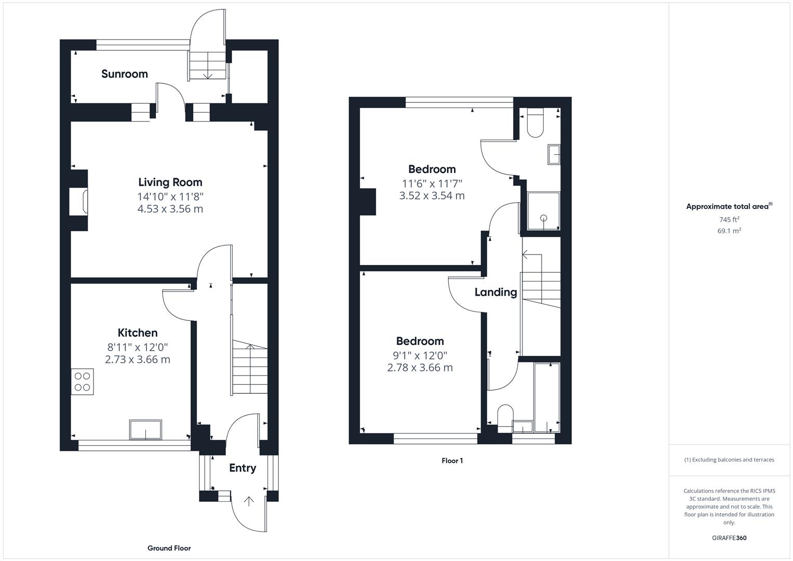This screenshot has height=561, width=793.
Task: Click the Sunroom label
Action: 125,74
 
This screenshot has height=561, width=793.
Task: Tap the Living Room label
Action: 170,182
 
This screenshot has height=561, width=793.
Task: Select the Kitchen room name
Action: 138,332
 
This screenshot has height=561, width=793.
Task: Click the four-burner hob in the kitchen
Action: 82,381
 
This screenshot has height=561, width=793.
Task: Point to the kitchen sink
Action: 145,430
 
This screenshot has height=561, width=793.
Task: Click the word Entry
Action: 243,468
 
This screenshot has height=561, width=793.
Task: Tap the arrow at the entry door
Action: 249,501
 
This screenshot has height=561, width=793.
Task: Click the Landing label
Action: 495,292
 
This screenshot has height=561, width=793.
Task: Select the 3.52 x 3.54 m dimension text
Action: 432,195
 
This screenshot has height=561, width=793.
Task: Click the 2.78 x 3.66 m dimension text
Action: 420,368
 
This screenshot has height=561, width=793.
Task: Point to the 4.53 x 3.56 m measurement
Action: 170,209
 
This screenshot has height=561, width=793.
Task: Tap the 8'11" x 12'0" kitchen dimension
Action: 138,347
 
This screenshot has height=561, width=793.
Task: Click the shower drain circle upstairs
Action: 544,218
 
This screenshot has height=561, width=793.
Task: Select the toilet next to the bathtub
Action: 505,418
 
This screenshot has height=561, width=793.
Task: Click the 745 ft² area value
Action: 729,219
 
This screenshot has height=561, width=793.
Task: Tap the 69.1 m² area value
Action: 729,231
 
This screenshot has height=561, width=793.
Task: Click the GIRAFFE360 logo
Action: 729,538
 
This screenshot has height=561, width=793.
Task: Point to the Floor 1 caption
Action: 452,460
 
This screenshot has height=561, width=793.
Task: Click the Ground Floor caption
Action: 169,548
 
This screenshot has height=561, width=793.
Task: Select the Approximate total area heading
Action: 729,206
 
